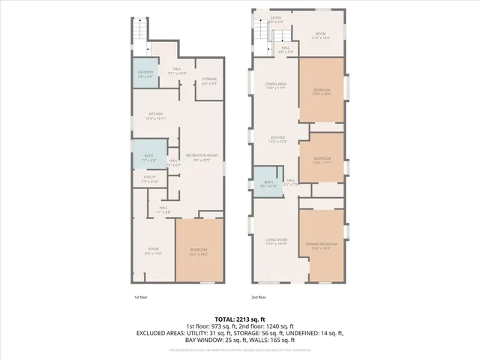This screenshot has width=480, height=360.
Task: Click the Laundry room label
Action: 145,73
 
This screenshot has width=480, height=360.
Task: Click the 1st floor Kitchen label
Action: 155,115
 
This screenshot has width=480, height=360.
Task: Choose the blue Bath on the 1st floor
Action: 148,157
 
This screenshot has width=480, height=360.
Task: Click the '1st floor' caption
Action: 140,298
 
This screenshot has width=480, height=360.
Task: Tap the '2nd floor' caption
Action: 259,298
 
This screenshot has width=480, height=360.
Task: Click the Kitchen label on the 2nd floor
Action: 279,139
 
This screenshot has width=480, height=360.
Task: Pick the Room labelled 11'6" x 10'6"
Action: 320,35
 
